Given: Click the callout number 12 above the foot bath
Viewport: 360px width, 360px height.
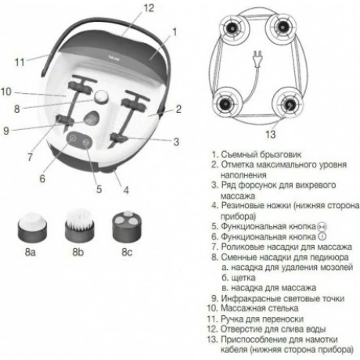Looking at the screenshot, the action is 149,8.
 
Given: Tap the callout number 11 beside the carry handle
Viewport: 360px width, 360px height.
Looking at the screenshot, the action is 20,63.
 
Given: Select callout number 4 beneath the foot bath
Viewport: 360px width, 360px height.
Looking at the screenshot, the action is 126,190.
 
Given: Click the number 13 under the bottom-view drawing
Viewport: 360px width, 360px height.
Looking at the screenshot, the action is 271,135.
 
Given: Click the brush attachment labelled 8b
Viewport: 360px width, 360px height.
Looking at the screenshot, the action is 79,225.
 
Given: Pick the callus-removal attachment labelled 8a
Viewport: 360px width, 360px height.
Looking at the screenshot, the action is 33,227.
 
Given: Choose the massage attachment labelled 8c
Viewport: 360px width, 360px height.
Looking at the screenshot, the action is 128,226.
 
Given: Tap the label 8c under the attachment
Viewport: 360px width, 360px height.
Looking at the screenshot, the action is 127,252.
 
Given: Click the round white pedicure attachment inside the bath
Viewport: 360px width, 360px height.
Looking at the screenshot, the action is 101,97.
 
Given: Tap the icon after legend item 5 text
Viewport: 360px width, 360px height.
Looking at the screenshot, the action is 322,227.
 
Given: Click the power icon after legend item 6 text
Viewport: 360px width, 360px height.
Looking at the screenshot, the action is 322,236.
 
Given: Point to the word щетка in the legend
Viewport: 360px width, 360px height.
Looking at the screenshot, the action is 243,278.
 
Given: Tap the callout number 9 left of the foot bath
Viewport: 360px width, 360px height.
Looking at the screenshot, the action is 6,131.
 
